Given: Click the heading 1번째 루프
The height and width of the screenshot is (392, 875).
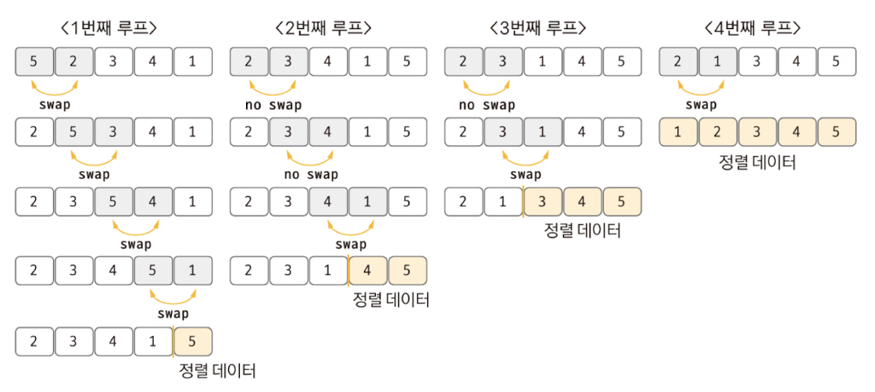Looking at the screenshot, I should coord(109,28).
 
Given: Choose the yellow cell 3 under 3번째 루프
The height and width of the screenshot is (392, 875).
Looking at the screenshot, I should coord(544,201).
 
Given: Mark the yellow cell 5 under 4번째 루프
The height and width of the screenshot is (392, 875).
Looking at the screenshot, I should coord(837,131).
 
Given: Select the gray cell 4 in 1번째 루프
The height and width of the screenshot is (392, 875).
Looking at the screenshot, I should coord(153,201).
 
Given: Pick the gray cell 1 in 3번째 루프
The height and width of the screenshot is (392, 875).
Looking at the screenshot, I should coord(544,131).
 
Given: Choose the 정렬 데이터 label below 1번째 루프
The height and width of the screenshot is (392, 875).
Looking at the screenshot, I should coord(217,370).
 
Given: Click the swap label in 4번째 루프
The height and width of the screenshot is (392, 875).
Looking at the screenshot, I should coord(700,105).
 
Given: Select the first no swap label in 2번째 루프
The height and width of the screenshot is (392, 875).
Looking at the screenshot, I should coord(271,105).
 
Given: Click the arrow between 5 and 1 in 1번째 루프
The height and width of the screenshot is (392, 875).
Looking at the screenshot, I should coord(173,297).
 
